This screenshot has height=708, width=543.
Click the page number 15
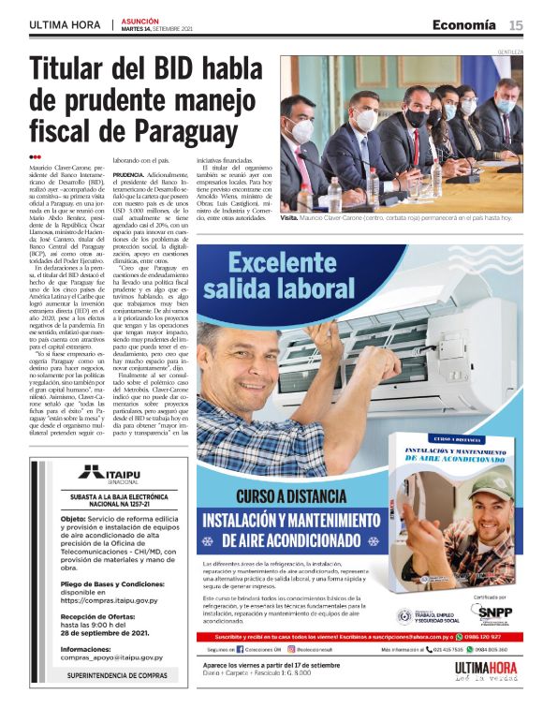click(x=516, y=24)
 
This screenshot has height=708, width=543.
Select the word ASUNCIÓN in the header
click(x=140, y=20)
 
